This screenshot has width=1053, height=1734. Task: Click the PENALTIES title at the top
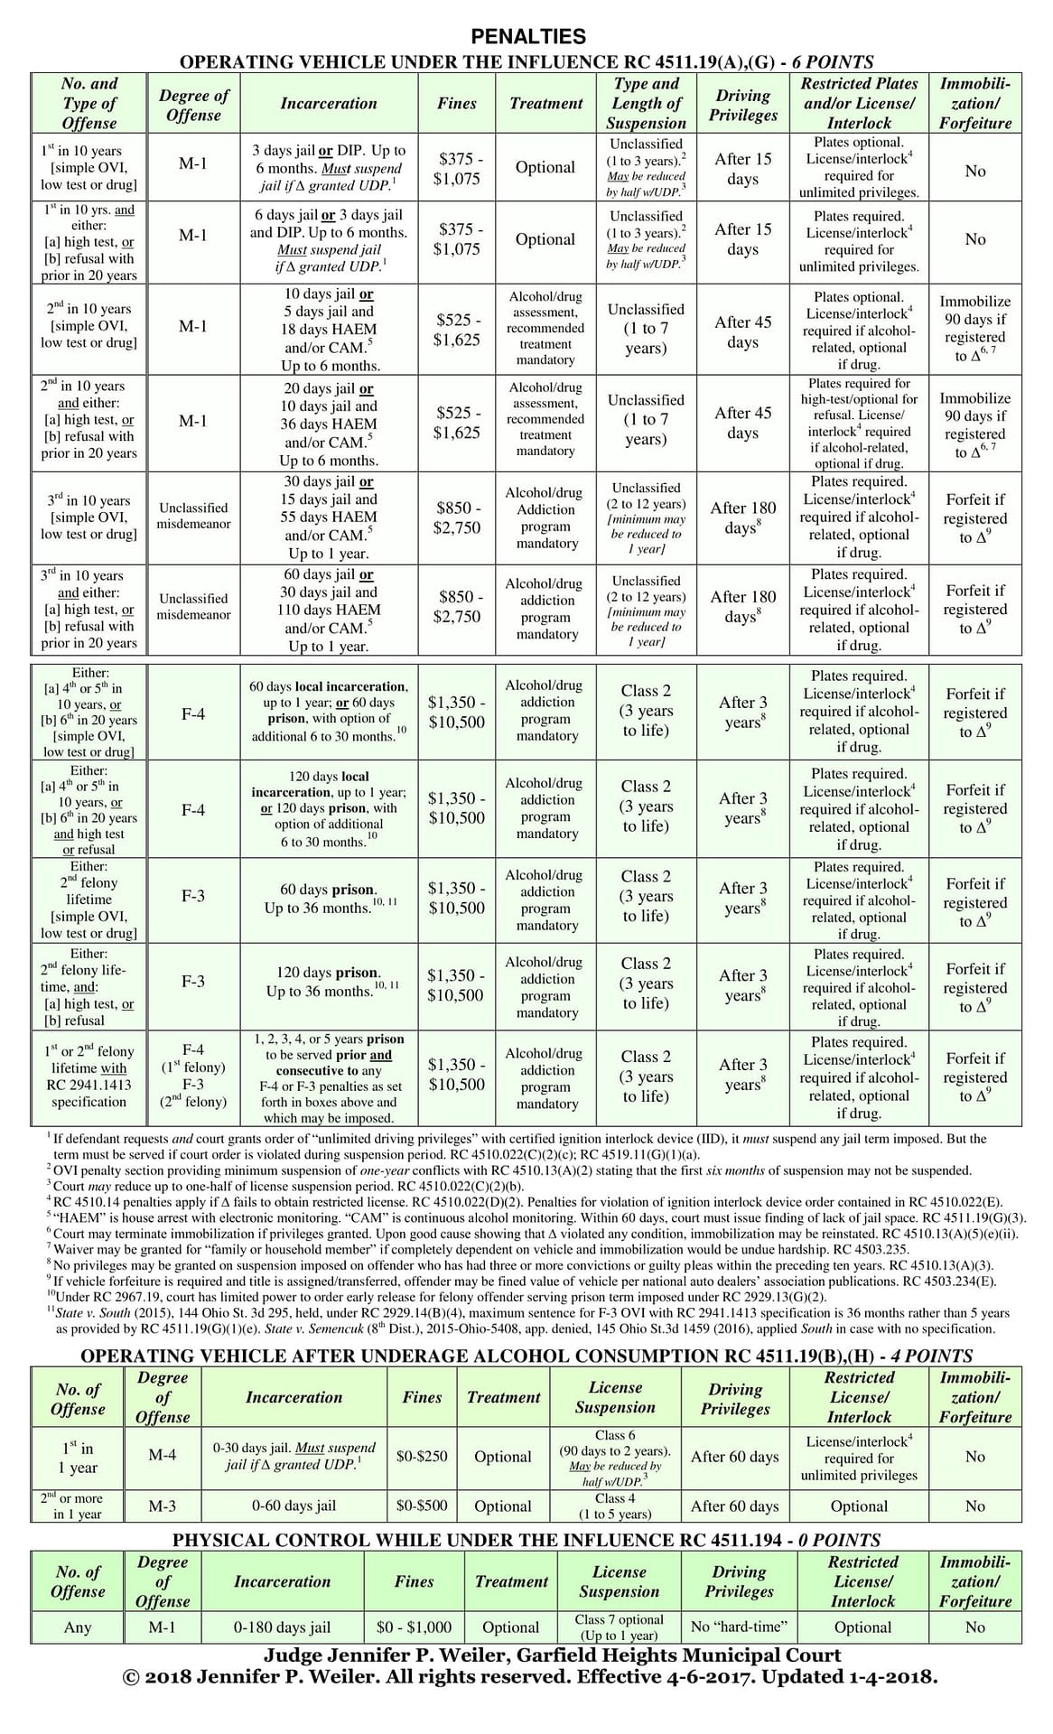528,36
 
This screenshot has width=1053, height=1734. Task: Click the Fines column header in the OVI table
456,103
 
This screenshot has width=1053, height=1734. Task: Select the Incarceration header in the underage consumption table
294,1397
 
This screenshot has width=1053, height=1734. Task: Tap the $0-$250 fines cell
422,1456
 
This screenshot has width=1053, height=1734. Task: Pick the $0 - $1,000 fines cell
414,1627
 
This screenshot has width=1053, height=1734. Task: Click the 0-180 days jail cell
282,1627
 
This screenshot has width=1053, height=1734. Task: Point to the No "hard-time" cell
739,1627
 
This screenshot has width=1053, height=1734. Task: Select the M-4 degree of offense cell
163,1455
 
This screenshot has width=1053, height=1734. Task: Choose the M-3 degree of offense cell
163,1506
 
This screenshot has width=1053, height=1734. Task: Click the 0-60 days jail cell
294,1506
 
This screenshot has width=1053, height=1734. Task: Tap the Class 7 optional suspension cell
619,1627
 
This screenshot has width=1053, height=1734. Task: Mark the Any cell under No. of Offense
78,1627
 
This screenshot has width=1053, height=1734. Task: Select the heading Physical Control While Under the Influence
526,1540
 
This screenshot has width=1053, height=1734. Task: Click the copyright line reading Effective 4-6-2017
530,1677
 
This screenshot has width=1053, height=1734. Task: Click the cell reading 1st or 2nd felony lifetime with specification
89,1077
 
